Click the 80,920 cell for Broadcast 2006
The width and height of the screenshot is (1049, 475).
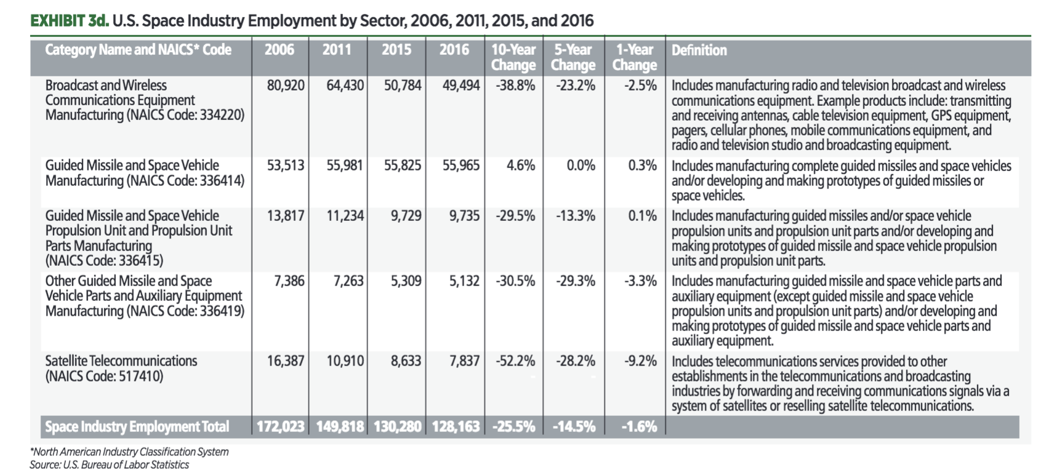pyautogui.click(x=285, y=86)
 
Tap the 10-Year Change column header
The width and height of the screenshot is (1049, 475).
pyautogui.click(x=513, y=57)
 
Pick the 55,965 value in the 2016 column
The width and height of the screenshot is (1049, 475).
pyautogui.click(x=460, y=166)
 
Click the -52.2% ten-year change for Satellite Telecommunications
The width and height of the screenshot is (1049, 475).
pyautogui.click(x=515, y=361)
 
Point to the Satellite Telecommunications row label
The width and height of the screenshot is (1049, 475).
pyautogui.click(x=121, y=368)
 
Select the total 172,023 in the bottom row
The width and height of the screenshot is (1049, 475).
pyautogui.click(x=280, y=427)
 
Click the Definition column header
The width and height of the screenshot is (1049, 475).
pyautogui.click(x=699, y=50)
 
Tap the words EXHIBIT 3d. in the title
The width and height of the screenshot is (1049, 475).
pyautogui.click(x=70, y=21)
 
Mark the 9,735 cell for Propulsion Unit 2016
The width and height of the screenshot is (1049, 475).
pyautogui.click(x=464, y=216)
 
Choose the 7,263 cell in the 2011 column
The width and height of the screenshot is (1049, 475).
pyautogui.click(x=348, y=281)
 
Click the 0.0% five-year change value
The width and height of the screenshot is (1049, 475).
pyautogui.click(x=581, y=166)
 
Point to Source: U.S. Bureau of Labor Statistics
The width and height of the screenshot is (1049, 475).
pyautogui.click(x=109, y=465)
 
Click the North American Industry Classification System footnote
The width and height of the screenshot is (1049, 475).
pyautogui.click(x=129, y=452)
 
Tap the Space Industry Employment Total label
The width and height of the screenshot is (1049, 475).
pyautogui.click(x=137, y=427)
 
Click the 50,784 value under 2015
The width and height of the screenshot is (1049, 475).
pyautogui.click(x=403, y=86)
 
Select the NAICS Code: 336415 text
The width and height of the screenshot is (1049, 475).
pyautogui.click(x=104, y=260)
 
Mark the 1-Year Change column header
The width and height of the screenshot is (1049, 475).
pyautogui.click(x=634, y=57)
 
